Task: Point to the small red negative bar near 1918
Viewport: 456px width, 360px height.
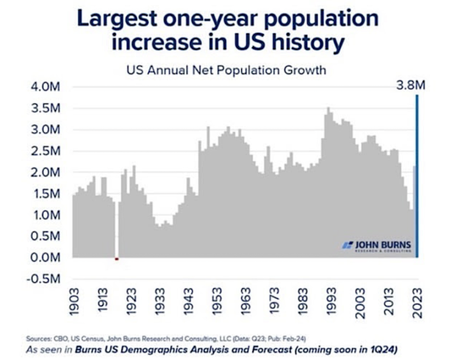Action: pos(117,259)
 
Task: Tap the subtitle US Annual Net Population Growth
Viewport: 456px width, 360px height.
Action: pos(226,70)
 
